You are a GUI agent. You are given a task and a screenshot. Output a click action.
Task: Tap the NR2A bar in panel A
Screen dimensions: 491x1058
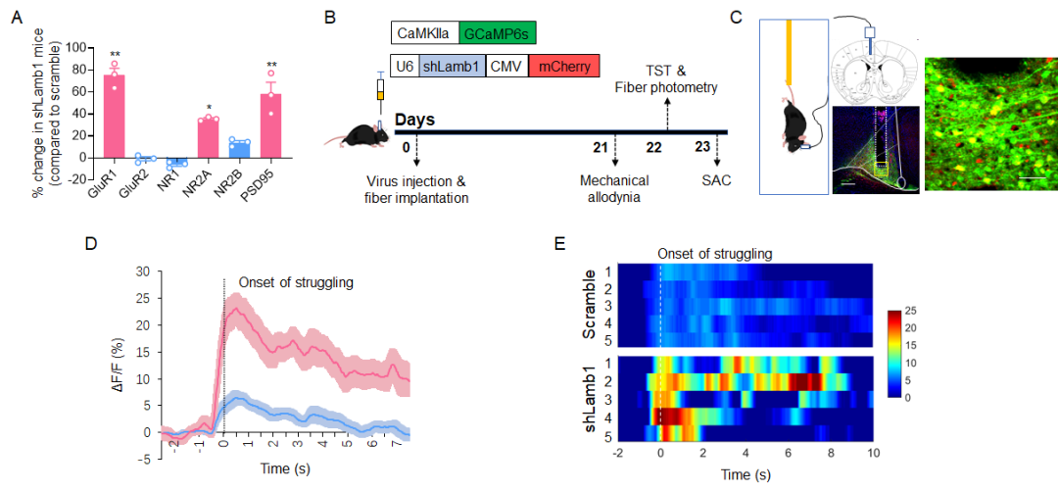pos(208,138)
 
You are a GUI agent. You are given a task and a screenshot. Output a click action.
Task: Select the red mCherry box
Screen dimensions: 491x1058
pos(563,68)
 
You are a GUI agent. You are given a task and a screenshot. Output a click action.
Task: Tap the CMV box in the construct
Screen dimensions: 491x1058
pos(506,68)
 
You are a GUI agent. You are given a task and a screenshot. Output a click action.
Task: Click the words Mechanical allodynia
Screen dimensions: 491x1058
pos(615,189)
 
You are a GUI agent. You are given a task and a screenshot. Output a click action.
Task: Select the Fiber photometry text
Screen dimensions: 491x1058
pos(666,88)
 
